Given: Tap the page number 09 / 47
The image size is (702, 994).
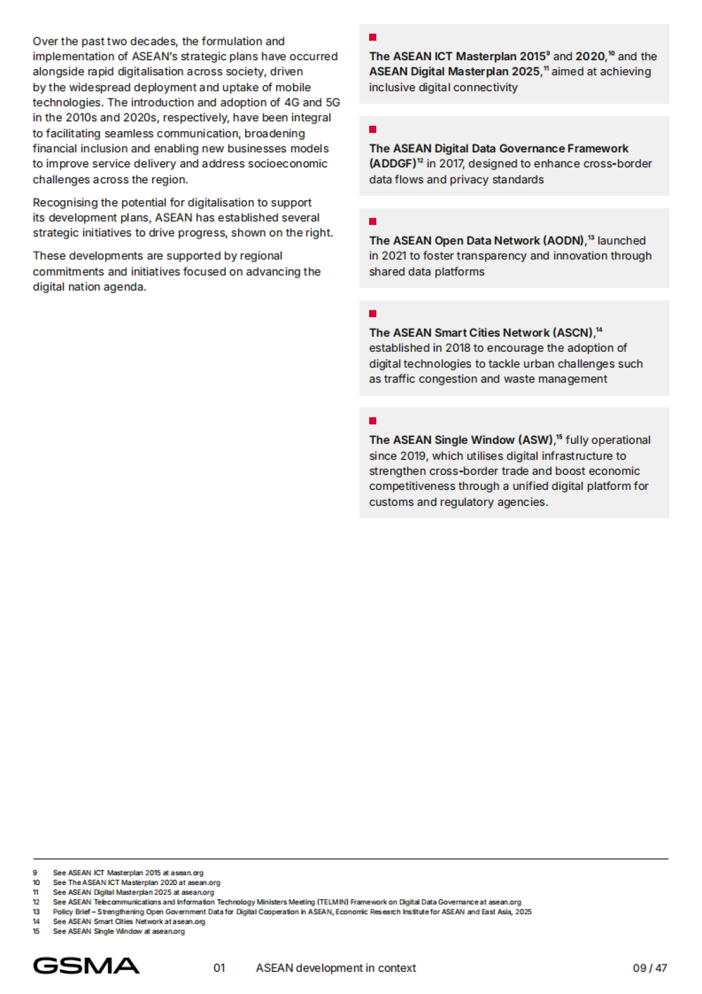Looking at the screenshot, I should click(649, 968).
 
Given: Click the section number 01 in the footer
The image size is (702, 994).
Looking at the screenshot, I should click(219, 968).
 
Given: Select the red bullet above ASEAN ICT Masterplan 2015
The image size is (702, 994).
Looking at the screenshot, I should click(373, 37).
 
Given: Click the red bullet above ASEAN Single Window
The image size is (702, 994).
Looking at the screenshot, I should click(373, 421).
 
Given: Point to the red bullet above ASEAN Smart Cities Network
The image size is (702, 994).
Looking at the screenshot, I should click(373, 314).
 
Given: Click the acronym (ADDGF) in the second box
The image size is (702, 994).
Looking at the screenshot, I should click(393, 164).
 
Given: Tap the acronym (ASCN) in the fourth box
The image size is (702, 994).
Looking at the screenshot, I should click(574, 333).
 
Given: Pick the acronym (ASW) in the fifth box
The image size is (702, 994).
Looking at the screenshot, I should click(536, 440).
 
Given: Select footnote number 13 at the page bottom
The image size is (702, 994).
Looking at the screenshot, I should click(36, 911).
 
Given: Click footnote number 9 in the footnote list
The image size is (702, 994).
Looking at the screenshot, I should click(35, 872).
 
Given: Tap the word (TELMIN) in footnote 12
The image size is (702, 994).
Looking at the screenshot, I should click(333, 902).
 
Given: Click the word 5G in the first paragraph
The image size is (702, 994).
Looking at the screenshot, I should click(332, 102).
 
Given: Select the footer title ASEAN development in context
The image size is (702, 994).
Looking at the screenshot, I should click(336, 968).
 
